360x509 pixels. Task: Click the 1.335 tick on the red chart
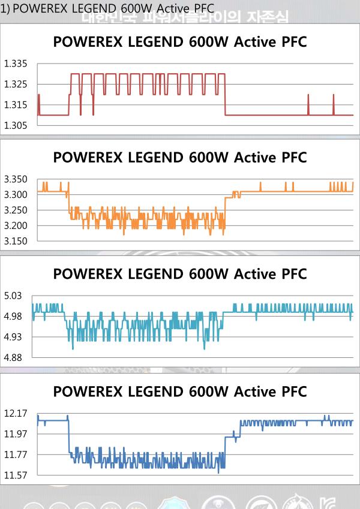tap(16, 64)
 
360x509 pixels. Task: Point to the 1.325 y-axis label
tap(16, 84)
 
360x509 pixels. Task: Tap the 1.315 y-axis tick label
tap(16, 105)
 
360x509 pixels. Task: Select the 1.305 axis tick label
tap(16, 125)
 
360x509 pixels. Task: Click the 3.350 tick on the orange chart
tap(16, 179)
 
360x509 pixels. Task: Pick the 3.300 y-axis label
tap(16, 195)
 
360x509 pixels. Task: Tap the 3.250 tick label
tap(16, 210)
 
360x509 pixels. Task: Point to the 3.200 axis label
tap(16, 226)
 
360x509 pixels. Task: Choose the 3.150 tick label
tap(16, 241)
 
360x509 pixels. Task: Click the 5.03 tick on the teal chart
tap(13, 296)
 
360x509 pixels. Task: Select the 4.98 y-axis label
tap(13, 317)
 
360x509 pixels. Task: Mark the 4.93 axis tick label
tap(13, 337)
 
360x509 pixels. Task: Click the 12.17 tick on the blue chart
tap(16, 413)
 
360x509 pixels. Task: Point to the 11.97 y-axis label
tap(16, 434)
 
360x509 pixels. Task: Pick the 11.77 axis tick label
tap(16, 455)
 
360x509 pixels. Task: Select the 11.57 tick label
tap(16, 476)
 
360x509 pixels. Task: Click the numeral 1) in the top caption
tap(5, 7)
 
